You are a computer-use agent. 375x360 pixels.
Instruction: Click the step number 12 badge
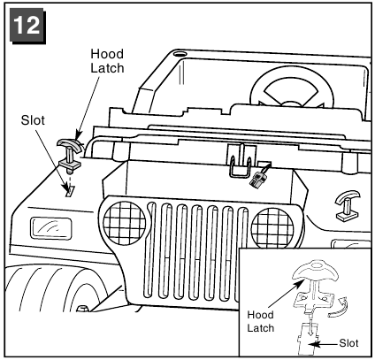coord(28,26)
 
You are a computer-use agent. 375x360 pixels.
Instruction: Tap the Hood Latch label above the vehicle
coord(107,61)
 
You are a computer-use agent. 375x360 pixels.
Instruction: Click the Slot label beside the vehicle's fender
coord(33,120)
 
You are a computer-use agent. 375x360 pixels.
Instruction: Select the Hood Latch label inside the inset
coord(261,321)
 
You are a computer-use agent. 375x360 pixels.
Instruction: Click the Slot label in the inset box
coord(348,343)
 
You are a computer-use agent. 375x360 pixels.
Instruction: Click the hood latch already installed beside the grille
coord(348,206)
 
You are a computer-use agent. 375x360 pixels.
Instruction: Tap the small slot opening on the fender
coord(70,191)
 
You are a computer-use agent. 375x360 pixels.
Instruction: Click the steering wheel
coord(292,87)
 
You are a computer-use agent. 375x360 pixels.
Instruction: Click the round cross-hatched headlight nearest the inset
coord(272,227)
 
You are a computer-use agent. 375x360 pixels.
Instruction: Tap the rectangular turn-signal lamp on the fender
coord(50,228)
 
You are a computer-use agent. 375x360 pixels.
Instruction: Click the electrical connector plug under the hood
coord(257,178)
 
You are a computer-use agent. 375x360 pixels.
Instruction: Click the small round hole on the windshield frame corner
coord(180,54)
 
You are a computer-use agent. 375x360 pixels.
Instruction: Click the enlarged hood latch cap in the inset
coord(315,270)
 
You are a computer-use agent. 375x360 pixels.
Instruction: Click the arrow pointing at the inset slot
coord(324,344)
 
